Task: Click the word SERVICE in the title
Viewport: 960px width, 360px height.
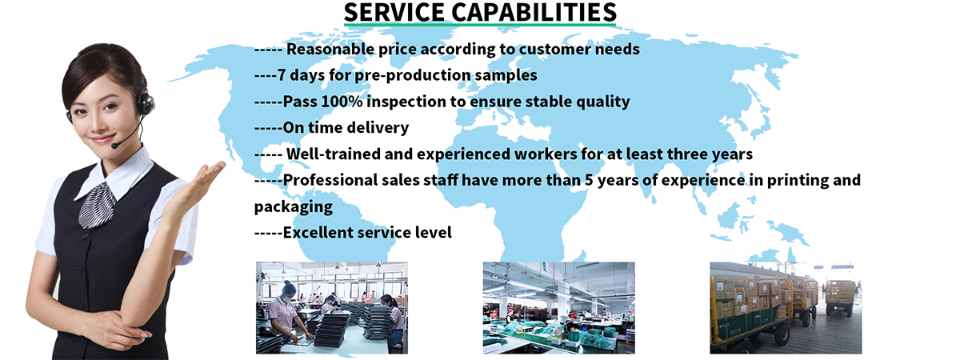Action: (x=394, y=12)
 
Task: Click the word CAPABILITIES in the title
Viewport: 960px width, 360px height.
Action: (x=534, y=12)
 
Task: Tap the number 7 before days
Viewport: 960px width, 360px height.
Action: (x=282, y=75)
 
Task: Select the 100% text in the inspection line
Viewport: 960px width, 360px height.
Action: (x=341, y=102)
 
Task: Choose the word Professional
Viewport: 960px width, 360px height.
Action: (x=330, y=180)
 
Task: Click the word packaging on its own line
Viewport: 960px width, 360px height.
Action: (x=294, y=207)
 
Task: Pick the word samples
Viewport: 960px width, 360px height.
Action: (x=506, y=75)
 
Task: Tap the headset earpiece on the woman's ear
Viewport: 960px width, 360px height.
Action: (x=145, y=104)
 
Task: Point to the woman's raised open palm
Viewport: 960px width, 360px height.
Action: (x=206, y=180)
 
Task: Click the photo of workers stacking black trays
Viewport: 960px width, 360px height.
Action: (x=332, y=308)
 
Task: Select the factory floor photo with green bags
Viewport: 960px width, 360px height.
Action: (x=559, y=308)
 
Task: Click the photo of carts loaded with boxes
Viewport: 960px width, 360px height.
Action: (x=786, y=308)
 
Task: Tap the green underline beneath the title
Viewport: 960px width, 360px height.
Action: (x=480, y=26)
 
